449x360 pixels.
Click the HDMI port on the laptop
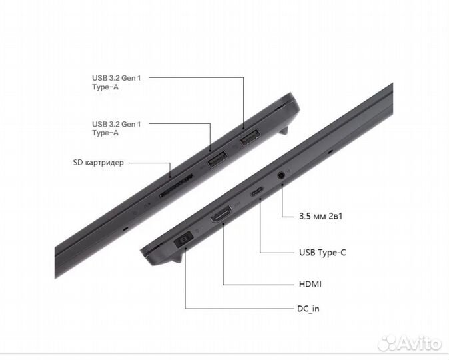(221, 216)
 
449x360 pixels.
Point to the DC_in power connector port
(184, 239)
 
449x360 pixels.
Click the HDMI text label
(310, 284)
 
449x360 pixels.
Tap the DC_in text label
(312, 309)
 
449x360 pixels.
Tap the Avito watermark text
(420, 343)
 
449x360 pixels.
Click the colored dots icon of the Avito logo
(387, 343)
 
